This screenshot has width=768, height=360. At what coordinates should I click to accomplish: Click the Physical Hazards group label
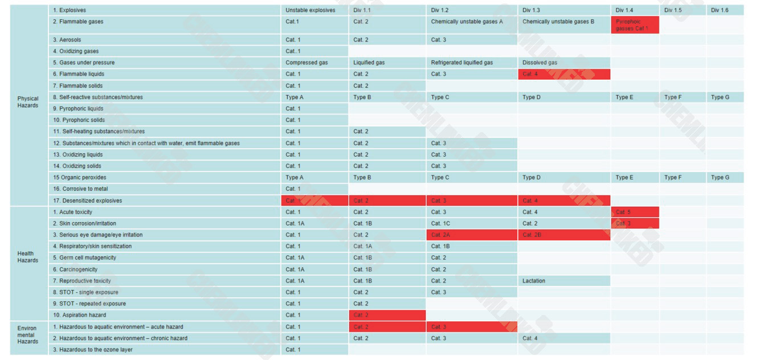coord(28,102)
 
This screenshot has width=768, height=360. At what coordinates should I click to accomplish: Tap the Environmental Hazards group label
coord(27,335)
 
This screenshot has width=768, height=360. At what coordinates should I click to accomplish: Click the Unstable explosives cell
coord(311,10)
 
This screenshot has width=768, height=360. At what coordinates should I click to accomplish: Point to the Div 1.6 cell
coord(720,10)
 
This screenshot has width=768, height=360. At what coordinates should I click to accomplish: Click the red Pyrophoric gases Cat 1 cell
coord(634,25)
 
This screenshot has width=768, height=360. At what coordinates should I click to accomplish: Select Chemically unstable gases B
coord(558,22)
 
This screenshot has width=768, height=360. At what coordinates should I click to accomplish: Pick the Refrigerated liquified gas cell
coord(462,63)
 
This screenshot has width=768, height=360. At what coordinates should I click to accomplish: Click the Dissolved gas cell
coord(540,63)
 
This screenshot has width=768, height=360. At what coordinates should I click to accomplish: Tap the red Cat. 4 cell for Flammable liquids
coord(563,74)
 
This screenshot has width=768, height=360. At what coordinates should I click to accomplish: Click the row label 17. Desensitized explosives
coord(88,201)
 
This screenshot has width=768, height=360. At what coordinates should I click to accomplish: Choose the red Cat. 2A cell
coord(471,235)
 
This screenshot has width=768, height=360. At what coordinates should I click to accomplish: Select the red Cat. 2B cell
coord(563,235)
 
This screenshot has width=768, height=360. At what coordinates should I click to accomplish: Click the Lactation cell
coord(534,281)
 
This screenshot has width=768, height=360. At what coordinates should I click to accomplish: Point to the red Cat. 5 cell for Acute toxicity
coord(634,212)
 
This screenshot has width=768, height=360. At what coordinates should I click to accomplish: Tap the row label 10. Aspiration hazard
coord(80,315)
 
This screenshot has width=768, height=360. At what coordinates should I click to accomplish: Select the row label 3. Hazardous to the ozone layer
coord(93,350)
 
